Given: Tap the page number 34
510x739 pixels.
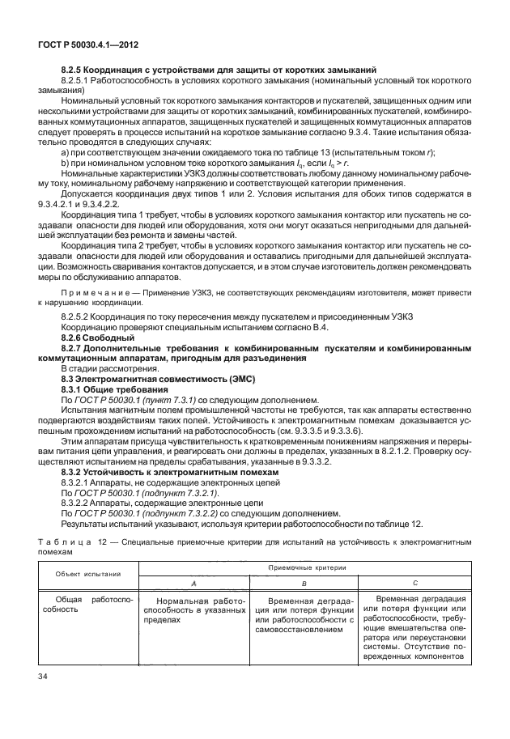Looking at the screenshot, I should click(x=41, y=675).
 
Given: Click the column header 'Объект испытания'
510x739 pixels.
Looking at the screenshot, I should click(x=87, y=573).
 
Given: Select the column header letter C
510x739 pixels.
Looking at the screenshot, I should click(x=414, y=583).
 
